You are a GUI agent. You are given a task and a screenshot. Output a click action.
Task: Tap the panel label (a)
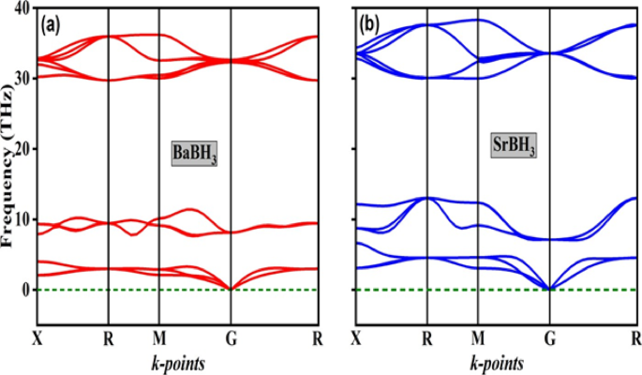click(x=50, y=25)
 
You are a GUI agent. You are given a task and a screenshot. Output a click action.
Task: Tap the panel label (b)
click(x=367, y=24)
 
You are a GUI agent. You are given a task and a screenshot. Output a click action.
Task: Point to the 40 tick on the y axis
click(x=21, y=8)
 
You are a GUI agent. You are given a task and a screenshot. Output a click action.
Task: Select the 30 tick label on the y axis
click(x=21, y=79)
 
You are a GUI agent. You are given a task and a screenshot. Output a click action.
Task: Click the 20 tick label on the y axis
click(x=21, y=149)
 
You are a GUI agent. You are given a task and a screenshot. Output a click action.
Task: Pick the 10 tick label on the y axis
click(x=21, y=219)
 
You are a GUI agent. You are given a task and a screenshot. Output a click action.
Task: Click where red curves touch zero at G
click(x=230, y=289)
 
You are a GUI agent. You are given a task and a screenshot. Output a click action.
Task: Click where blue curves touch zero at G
click(x=548, y=289)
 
